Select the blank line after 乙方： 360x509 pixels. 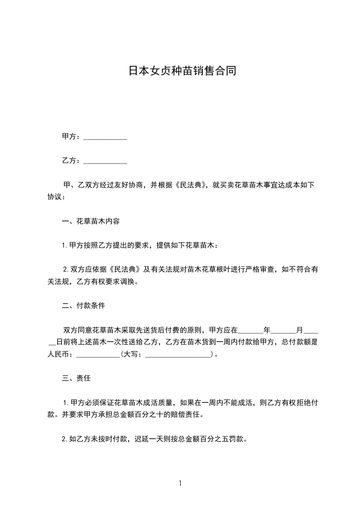105,161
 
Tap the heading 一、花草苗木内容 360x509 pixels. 91,222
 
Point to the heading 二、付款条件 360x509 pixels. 84,306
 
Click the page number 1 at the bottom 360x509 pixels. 180,484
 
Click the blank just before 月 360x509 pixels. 283,331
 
